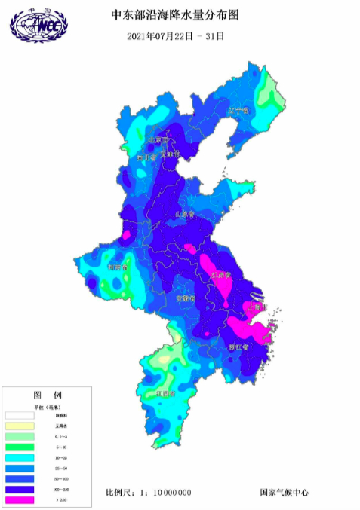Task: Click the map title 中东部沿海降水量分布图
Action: (179, 14)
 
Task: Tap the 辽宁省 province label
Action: (238, 111)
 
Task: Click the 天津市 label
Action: (171, 154)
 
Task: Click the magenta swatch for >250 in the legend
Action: (20, 499)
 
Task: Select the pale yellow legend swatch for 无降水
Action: (20, 426)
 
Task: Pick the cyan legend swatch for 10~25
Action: (20, 457)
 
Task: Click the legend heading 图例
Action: (47, 395)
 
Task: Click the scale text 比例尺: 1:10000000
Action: (149, 493)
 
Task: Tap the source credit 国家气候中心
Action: (284, 493)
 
